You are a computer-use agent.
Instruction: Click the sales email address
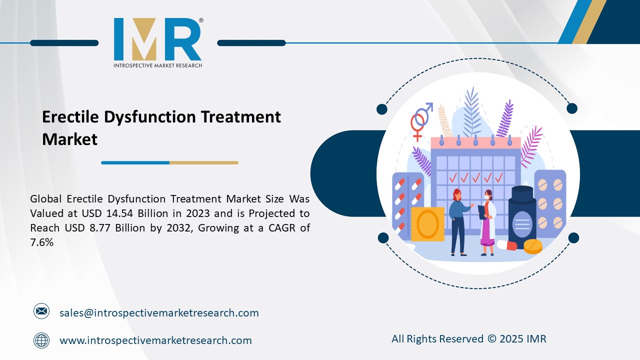pyautogui.click(x=159, y=313)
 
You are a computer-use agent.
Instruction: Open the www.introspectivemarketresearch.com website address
pyautogui.click(x=155, y=340)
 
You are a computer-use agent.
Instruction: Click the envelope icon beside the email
pyautogui.click(x=41, y=312)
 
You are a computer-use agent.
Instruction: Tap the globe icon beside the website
pyautogui.click(x=41, y=340)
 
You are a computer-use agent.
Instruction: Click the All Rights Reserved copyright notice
pyautogui.click(x=468, y=339)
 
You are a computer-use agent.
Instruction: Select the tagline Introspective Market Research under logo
pyautogui.click(x=157, y=65)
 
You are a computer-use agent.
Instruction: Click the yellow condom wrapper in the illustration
pyautogui.click(x=427, y=224)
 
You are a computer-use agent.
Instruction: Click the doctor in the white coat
pyautogui.click(x=486, y=222)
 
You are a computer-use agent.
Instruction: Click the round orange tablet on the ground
pyautogui.click(x=532, y=246)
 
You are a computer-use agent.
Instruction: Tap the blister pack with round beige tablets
pyautogui.click(x=550, y=200)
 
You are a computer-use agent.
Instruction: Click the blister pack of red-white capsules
pyautogui.click(x=407, y=200)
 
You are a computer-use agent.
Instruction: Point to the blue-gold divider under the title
pyautogui.click(x=169, y=162)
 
